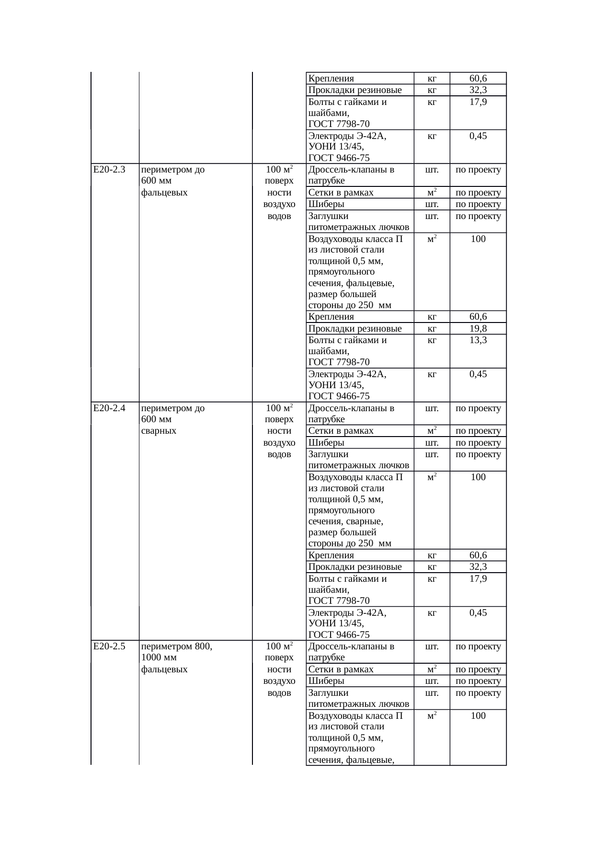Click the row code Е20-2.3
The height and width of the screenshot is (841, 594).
109,170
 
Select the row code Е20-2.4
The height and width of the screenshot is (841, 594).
109,408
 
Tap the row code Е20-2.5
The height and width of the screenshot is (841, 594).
109,646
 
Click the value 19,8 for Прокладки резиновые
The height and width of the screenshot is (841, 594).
478,328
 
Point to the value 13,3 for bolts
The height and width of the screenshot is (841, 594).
478,340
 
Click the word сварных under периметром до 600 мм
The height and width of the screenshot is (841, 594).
159,431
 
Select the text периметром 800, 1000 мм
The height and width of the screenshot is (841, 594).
177,652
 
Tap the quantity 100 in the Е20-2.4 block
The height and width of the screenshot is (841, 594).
478,477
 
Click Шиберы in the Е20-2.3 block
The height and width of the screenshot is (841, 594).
326,204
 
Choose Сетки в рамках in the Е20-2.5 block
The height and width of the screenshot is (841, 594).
341,669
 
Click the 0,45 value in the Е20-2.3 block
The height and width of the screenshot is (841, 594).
478,374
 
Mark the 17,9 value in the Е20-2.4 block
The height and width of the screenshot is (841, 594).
478,579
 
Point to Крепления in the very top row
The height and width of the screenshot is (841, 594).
331,79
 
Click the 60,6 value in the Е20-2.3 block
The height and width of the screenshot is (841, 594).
478,317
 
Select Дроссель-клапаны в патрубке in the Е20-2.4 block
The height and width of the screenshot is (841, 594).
351,414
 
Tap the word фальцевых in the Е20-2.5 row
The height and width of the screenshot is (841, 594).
164,669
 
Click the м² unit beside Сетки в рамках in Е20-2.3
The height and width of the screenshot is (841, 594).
432,193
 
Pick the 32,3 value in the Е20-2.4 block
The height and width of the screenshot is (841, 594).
478,567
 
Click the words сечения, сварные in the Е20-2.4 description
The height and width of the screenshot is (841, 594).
345,521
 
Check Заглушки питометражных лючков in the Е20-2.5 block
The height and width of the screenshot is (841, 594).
358,698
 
